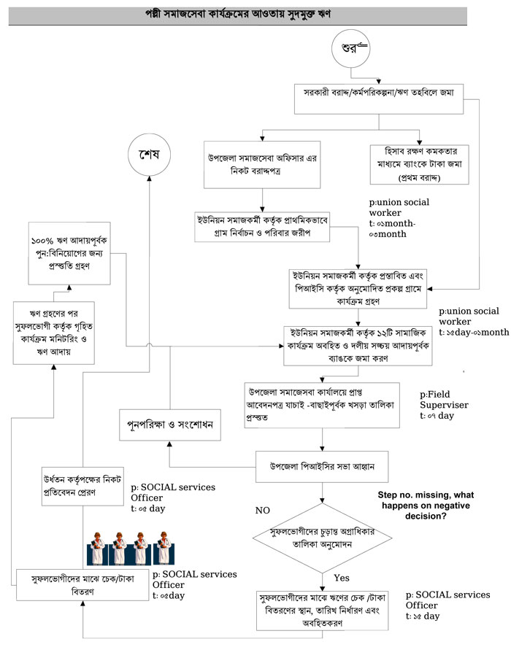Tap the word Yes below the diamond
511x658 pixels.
[x=342, y=578]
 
